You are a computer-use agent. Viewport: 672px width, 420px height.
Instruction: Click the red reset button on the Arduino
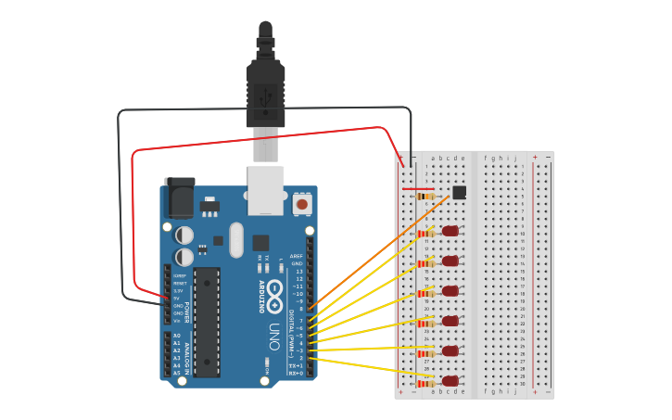coord(301,202)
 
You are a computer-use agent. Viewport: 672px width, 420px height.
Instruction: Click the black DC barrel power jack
coord(178,197)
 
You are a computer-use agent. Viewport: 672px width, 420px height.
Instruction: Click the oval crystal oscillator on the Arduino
coord(235,238)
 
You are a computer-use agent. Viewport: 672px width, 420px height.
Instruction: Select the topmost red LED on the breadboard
coord(450,231)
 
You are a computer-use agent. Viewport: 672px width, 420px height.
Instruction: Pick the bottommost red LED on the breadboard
coord(450,381)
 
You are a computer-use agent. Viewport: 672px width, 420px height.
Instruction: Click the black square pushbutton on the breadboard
coord(459,192)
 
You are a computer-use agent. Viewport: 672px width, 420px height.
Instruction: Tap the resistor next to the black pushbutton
coord(426,197)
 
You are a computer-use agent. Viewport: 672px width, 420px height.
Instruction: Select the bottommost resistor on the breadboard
coord(426,383)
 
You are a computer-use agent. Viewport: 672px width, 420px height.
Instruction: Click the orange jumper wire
coord(380,250)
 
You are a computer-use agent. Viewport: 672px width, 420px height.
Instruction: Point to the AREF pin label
coord(297,256)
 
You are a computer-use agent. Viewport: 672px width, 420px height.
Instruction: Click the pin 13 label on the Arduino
coord(298,271)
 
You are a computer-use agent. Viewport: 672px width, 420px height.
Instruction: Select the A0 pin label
coord(177,336)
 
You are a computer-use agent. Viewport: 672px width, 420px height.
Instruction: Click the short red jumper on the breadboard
coord(418,189)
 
